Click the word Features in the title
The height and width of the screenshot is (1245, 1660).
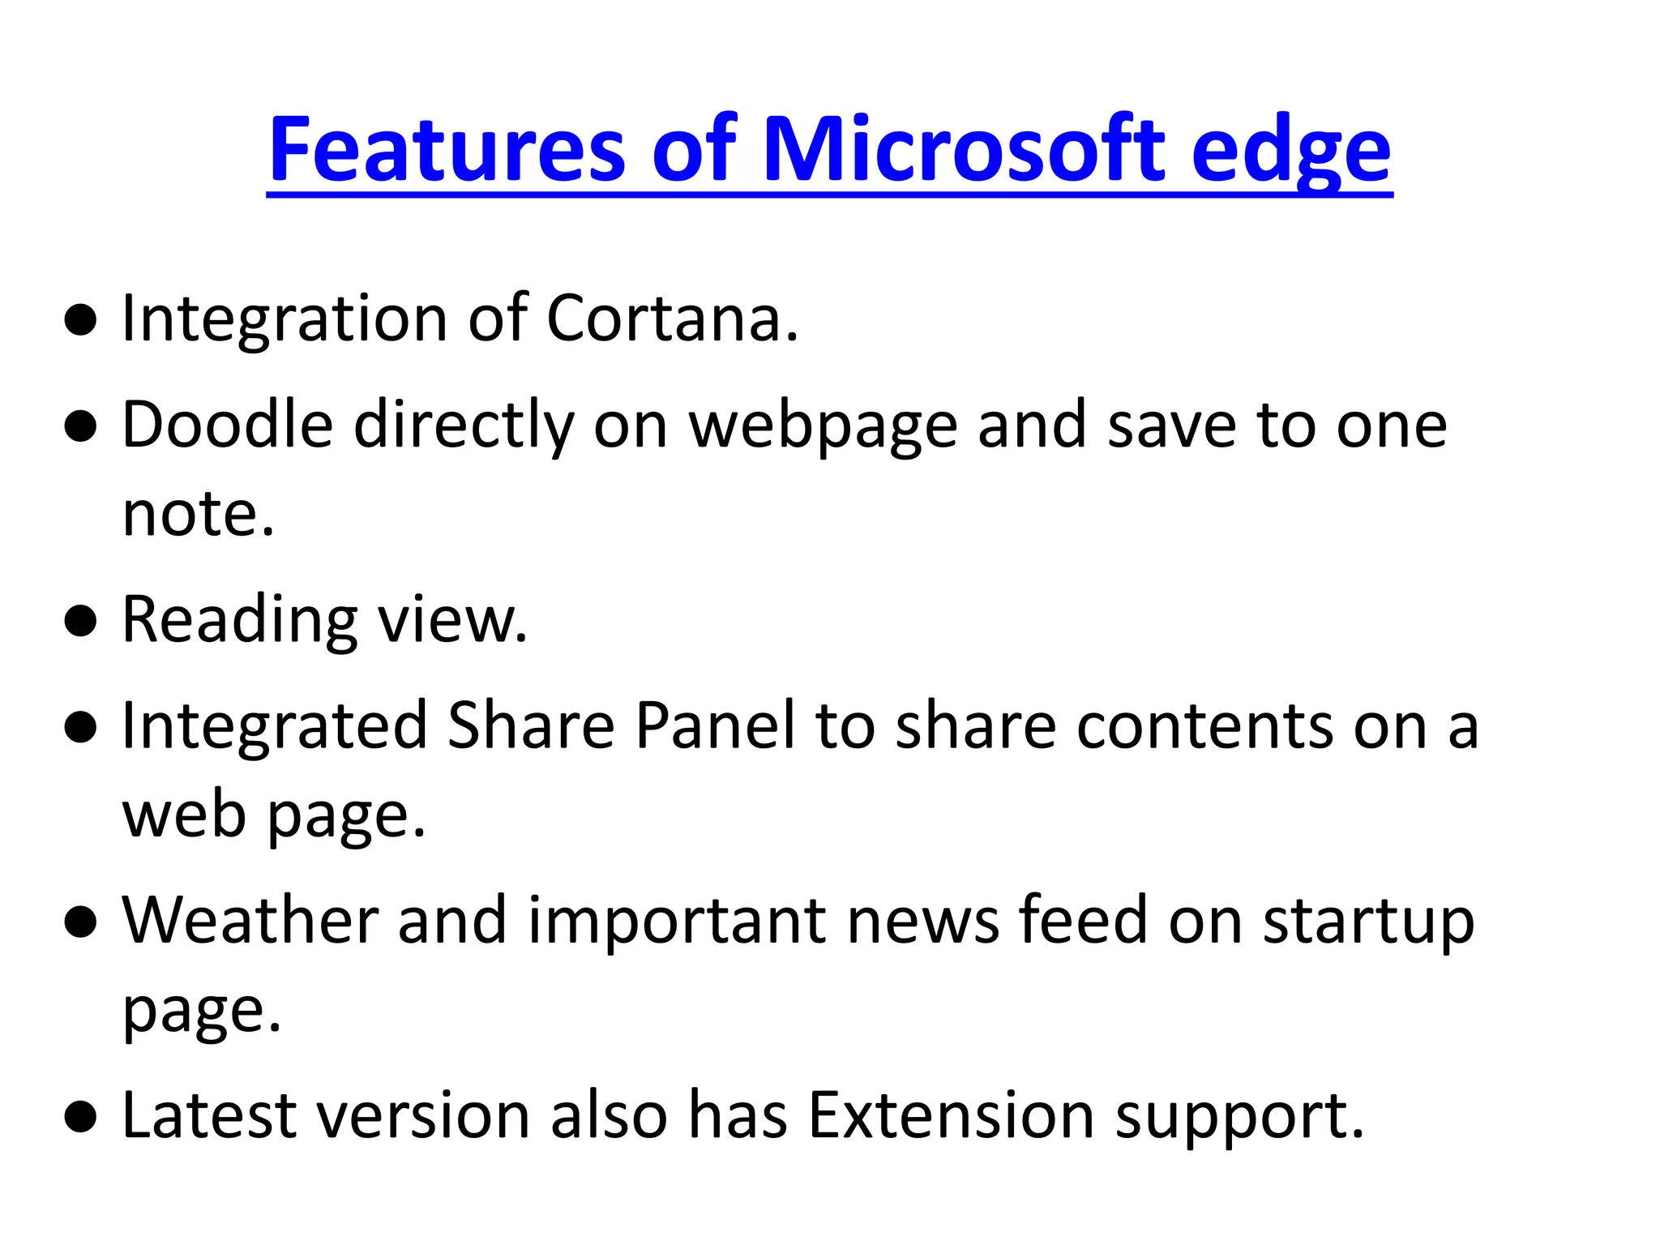(x=447, y=150)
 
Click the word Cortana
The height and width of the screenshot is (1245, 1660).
(x=672, y=318)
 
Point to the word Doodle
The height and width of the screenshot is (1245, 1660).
(x=228, y=425)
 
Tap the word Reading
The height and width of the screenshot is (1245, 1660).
(x=240, y=621)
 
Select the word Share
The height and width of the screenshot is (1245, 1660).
(x=531, y=725)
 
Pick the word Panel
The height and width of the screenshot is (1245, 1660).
(x=716, y=725)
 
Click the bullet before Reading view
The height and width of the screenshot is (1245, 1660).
(x=81, y=622)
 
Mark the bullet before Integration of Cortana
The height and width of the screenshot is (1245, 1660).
(x=81, y=320)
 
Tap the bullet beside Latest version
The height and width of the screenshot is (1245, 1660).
(x=81, y=1118)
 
